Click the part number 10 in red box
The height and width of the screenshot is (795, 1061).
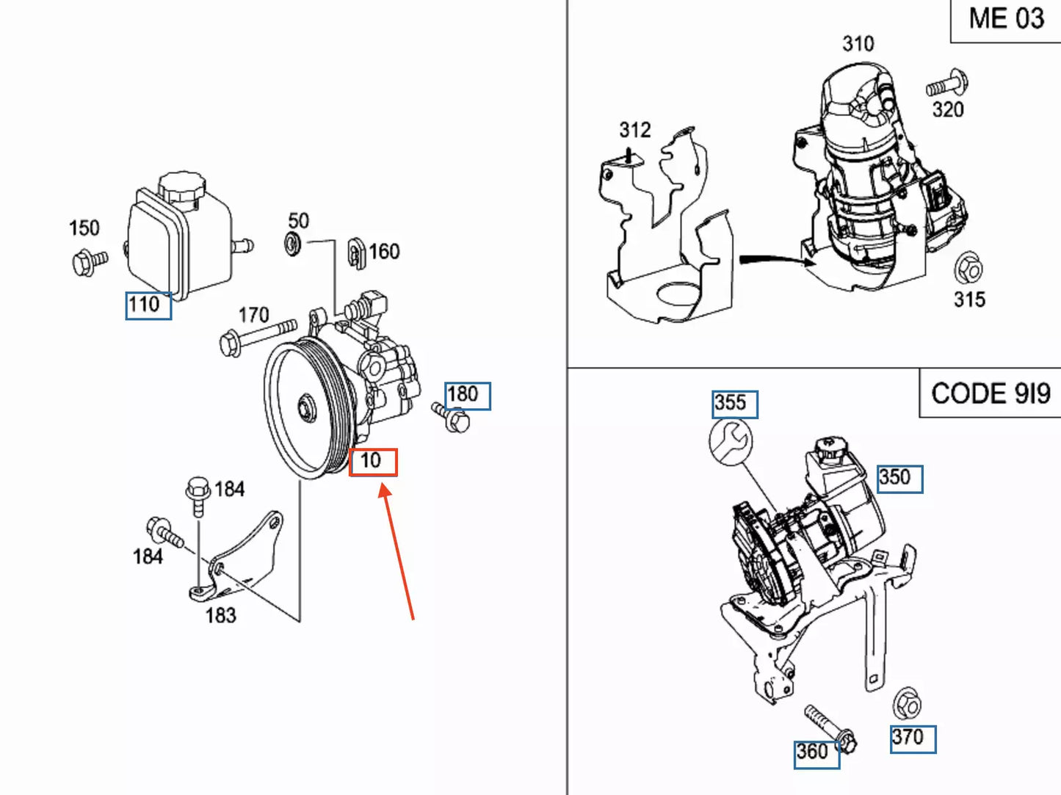372,462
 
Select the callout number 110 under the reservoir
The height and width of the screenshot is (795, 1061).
148,305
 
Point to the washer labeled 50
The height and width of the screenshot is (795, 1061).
293,243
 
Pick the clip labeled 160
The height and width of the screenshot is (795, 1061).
357,253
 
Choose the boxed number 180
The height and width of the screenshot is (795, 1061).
467,396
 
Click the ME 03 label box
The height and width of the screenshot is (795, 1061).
1005,20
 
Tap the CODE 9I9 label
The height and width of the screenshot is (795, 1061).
990,393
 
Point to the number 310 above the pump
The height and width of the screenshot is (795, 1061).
858,44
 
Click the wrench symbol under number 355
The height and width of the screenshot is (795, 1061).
731,442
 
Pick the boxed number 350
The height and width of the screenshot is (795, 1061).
899,479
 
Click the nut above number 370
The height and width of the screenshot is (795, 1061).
908,705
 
